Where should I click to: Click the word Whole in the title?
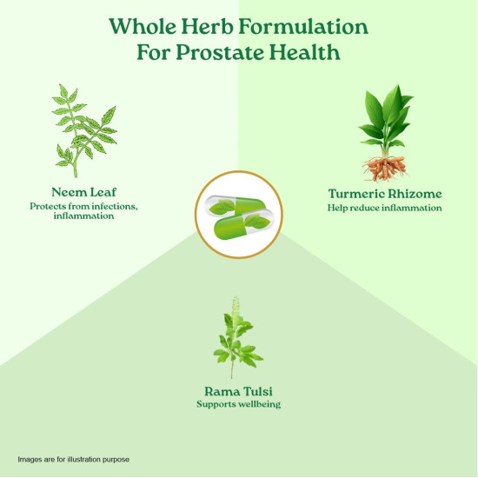[x=143, y=26]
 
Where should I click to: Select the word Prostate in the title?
[x=220, y=53]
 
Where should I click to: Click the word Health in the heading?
[x=304, y=52]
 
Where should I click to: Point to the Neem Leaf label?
[x=83, y=192]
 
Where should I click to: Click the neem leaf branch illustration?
[x=84, y=130]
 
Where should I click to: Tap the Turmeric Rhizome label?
[x=385, y=194]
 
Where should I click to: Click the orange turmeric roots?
[x=385, y=168]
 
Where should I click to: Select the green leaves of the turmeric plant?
[x=386, y=121]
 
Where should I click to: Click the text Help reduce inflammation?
[x=384, y=208]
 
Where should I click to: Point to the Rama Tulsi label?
[x=238, y=391]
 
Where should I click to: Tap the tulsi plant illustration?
[x=238, y=337]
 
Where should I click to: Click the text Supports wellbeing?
[x=238, y=404]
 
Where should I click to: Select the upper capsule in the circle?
[x=236, y=205]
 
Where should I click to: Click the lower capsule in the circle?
[x=244, y=223]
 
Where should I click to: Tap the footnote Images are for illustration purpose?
[x=74, y=460]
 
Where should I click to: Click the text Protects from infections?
[x=83, y=206]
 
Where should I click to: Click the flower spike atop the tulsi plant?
[x=235, y=307]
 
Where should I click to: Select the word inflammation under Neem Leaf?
[x=83, y=216]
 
